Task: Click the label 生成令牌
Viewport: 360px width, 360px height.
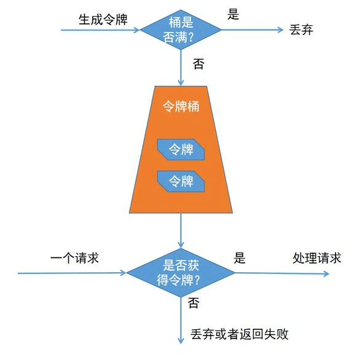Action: point(103,19)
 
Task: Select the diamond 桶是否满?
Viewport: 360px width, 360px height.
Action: point(181,29)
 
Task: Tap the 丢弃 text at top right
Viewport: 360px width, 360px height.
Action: point(301,30)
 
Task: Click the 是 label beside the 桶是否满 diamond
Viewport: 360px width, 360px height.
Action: point(233,14)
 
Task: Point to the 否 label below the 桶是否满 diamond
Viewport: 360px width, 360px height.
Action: point(198,64)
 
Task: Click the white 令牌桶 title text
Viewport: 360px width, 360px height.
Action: point(181,107)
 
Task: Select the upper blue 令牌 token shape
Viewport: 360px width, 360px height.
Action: point(181,149)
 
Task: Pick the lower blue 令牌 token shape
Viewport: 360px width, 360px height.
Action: point(181,181)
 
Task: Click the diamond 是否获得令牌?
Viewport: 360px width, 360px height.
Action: point(181,273)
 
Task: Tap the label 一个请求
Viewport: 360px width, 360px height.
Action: point(74,258)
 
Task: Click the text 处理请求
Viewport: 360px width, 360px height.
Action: point(316,258)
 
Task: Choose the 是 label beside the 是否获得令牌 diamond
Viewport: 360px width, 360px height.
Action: point(240,257)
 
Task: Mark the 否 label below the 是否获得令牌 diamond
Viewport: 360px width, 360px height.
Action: point(194,303)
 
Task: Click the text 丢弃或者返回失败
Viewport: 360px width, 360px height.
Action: point(239,334)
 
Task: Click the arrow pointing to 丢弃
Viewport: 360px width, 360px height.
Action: point(252,29)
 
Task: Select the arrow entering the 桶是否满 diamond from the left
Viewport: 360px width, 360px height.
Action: point(100,30)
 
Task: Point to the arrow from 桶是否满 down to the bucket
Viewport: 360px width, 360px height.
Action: point(181,68)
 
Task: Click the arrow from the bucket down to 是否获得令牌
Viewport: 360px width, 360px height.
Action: point(181,230)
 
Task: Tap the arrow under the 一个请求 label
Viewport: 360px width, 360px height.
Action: point(72,273)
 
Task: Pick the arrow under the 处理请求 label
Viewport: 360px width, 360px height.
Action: point(282,273)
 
